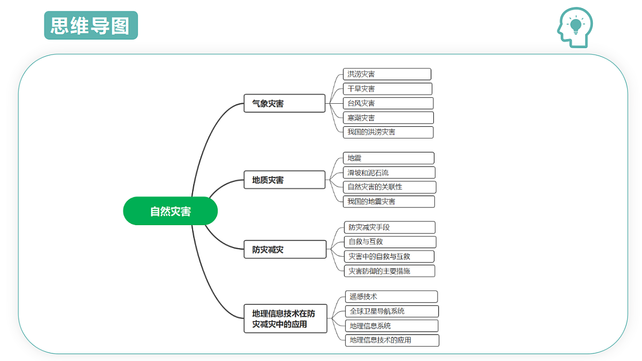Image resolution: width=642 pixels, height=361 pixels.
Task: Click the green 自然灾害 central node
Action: coord(170,211)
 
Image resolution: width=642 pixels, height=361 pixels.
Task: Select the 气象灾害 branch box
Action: coord(284,103)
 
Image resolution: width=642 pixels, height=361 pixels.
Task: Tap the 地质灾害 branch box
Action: coord(284,180)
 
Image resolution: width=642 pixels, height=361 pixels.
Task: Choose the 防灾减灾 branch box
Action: coord(285,249)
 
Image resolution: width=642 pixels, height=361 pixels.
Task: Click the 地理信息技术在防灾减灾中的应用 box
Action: coord(285,319)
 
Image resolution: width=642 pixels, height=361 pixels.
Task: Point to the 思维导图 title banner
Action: coord(91,25)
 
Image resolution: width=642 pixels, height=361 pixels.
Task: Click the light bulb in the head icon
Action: coord(576,26)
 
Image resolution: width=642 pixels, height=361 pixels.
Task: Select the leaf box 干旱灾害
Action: coord(387,89)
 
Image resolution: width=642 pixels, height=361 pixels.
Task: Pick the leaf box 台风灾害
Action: coord(388,103)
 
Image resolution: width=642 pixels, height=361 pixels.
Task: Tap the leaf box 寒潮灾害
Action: coord(388,118)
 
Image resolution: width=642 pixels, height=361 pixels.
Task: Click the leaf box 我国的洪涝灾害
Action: coord(388,132)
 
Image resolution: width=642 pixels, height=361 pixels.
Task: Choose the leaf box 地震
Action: coord(388,158)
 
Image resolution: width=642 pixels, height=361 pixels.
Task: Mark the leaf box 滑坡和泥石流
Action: coord(389,172)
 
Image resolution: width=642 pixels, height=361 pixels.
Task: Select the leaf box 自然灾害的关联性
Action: coord(389,187)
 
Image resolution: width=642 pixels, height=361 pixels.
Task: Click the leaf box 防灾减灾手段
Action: coord(389,227)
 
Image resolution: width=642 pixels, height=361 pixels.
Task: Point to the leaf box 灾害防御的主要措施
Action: coord(389,271)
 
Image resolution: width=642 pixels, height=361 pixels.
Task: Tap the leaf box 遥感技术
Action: coord(391,296)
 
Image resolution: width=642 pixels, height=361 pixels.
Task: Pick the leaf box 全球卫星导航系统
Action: coord(392,311)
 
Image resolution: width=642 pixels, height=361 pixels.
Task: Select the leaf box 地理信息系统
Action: coord(392,326)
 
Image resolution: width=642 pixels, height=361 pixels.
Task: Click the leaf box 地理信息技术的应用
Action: coord(392,340)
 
